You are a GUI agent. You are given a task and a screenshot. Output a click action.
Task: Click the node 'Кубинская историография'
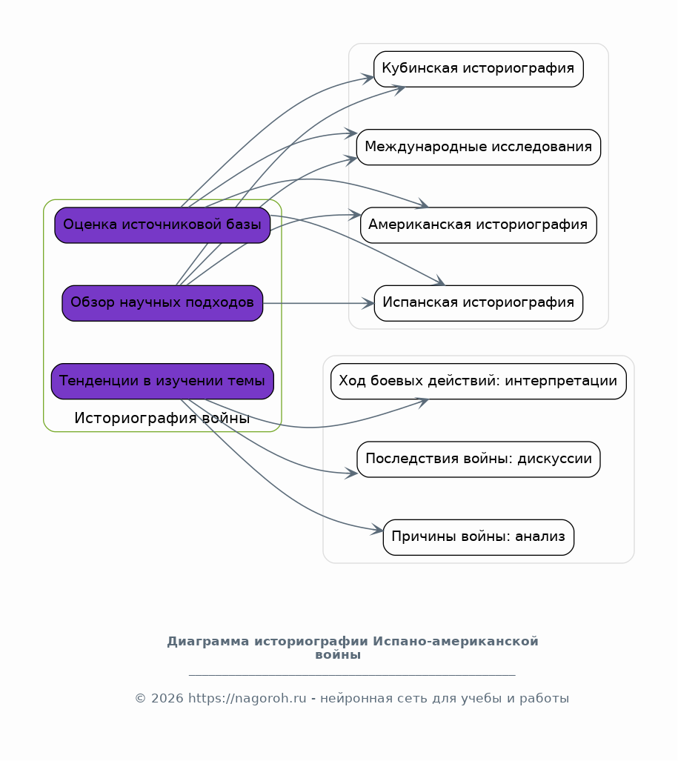(479, 69)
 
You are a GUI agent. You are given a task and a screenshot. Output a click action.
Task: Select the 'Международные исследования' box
(479, 147)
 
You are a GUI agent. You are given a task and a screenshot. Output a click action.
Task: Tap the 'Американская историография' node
(479, 225)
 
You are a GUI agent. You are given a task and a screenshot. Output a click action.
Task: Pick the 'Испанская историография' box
(479, 303)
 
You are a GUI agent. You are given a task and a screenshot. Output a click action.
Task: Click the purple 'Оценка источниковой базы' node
(162, 225)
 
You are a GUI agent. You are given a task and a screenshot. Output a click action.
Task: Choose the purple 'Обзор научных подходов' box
(162, 303)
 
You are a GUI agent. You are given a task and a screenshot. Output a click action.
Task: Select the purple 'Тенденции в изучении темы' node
(162, 382)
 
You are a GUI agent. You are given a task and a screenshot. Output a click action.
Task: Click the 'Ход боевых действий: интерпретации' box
(479, 382)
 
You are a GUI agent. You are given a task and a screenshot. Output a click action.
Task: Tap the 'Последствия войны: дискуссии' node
(479, 459)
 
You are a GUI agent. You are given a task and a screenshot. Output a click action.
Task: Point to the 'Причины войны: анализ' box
(479, 537)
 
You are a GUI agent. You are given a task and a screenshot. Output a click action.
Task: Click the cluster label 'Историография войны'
(162, 418)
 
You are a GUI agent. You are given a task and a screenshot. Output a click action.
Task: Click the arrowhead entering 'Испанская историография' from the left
(368, 303)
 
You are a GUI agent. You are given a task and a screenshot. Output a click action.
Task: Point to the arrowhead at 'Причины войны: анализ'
(377, 530)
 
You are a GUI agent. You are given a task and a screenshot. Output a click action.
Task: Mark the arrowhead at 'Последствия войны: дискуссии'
(351, 473)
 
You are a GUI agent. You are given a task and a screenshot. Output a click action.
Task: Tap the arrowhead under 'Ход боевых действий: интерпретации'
(422, 402)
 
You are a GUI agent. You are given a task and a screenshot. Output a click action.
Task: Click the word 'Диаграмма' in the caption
(209, 642)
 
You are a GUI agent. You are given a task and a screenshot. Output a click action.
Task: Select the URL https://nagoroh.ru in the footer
(247, 699)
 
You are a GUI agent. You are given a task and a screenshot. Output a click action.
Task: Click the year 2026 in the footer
(167, 699)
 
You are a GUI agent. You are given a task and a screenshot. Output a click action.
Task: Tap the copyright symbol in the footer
(140, 699)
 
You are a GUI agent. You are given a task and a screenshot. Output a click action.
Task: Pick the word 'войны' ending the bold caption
(338, 655)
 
